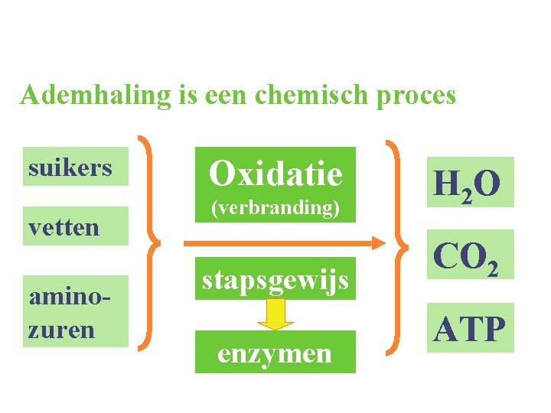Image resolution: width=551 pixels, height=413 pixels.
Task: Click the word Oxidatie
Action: pyautogui.click(x=275, y=173)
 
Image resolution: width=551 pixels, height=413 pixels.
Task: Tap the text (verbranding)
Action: pyautogui.click(x=275, y=208)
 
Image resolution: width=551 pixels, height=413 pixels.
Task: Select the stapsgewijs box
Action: pyautogui.click(x=275, y=280)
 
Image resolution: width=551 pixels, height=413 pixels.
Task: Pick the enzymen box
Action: pyautogui.click(x=275, y=353)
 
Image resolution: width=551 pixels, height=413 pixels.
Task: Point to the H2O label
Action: pyautogui.click(x=467, y=184)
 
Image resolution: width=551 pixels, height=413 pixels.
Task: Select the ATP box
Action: pyautogui.click(x=470, y=329)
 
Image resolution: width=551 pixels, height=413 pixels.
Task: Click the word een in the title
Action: pyautogui.click(x=223, y=96)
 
